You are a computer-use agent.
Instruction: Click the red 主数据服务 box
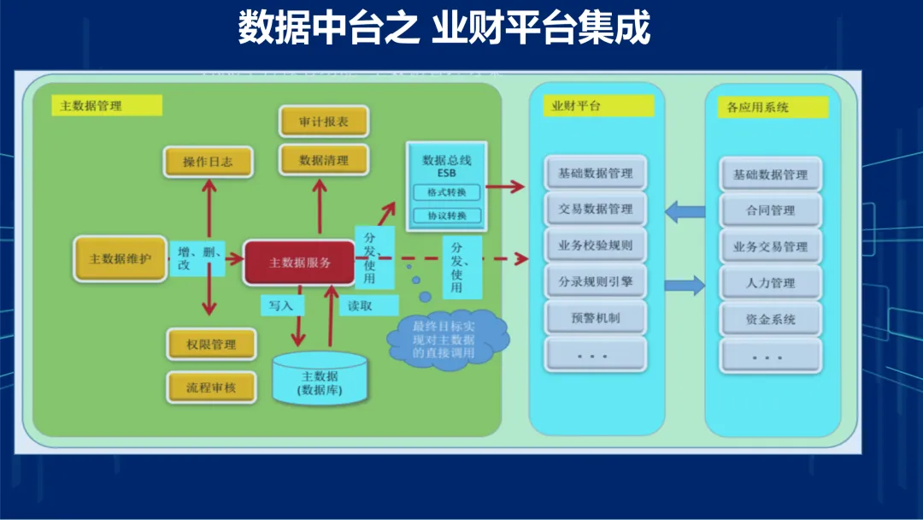[299, 263]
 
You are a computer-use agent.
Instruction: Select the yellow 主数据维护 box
[121, 258]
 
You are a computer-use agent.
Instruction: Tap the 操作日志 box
[208, 162]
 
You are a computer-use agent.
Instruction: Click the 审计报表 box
[324, 122]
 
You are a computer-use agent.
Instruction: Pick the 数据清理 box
[324, 160]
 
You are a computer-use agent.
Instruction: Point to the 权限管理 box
[210, 345]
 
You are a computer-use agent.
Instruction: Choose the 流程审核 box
[210, 387]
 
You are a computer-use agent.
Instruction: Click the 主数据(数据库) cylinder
[320, 381]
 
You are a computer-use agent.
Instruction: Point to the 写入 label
[281, 304]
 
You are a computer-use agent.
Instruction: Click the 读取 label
[361, 304]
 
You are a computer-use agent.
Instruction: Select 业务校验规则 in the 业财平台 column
[596, 245]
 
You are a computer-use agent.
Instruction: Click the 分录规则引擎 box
[596, 281]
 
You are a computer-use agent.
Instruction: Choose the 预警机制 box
[596, 318]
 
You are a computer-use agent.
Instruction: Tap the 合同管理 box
[770, 210]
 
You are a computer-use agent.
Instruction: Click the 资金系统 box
[770, 319]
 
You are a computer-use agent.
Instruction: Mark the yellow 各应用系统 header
[772, 108]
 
